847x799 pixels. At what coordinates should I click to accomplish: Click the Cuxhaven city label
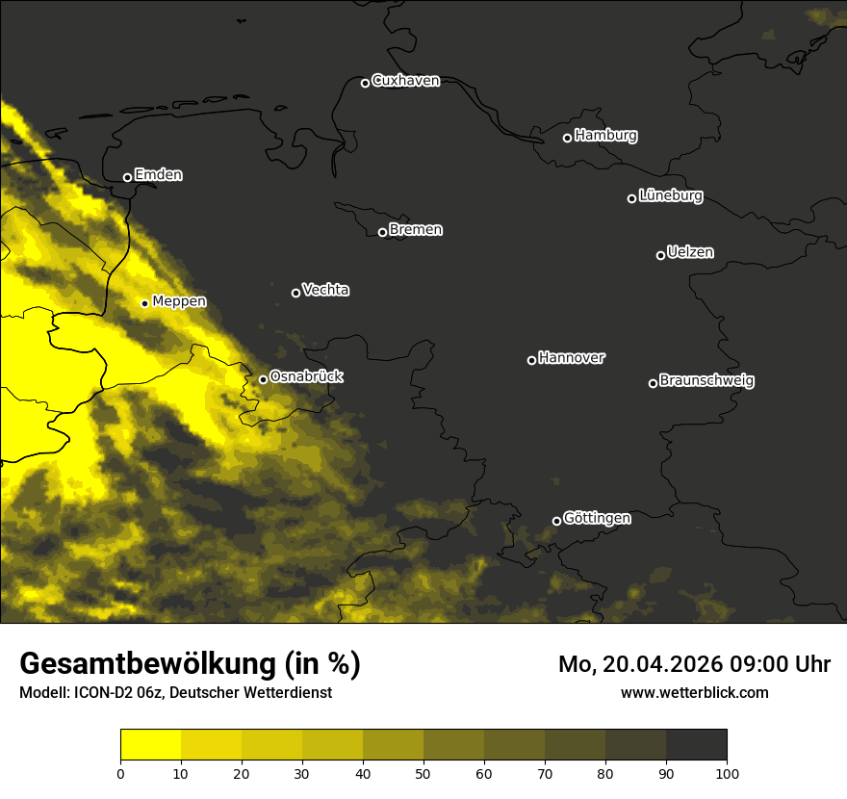point(405,81)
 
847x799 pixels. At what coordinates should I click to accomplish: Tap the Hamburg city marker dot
point(567,138)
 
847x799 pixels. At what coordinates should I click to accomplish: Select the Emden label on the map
point(158,175)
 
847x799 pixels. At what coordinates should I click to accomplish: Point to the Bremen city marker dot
point(382,232)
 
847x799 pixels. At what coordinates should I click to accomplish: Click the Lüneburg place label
point(670,196)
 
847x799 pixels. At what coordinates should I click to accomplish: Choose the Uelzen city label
point(690,252)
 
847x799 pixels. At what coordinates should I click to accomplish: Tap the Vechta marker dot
point(295,293)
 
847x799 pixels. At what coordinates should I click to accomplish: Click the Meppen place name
point(179,301)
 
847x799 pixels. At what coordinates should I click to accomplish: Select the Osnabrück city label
point(306,377)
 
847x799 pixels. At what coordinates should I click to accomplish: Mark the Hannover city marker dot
point(531,360)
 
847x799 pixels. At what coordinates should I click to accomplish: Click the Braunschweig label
point(706,381)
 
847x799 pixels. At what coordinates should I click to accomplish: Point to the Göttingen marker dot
point(556,521)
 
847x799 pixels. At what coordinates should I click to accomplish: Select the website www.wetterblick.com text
point(694,692)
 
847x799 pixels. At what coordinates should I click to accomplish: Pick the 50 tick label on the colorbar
point(423,773)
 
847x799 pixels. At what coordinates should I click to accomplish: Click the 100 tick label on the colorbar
point(727,773)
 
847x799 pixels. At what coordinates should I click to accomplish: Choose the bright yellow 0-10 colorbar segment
point(150,745)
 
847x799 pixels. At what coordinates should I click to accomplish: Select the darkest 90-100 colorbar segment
point(696,745)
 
